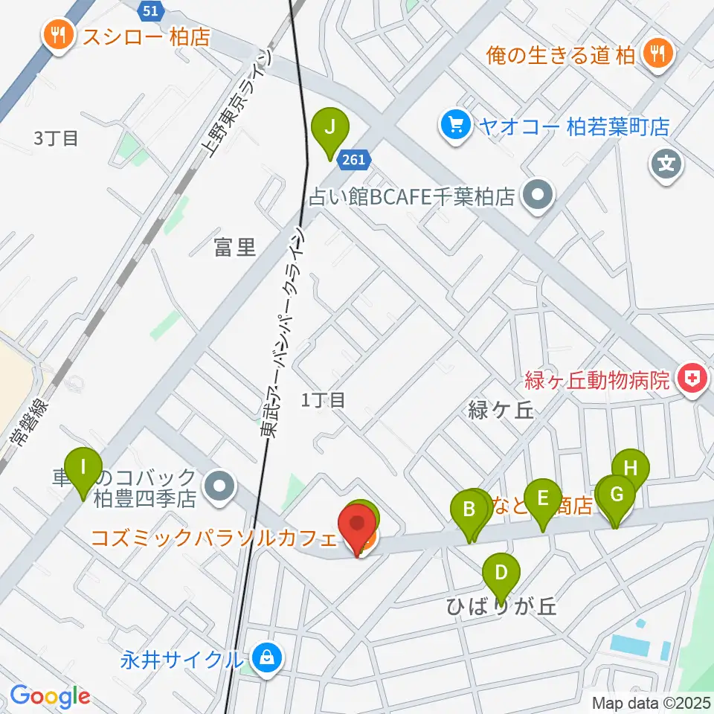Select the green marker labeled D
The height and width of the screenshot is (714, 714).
pyautogui.click(x=501, y=574)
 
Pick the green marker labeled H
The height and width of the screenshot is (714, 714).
pyautogui.click(x=631, y=469)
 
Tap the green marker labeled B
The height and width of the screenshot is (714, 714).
pyautogui.click(x=469, y=511)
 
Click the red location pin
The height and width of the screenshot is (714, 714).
pyautogui.click(x=358, y=526)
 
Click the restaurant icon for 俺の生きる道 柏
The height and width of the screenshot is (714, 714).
pyautogui.click(x=657, y=52)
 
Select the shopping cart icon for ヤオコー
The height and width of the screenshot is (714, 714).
pyautogui.click(x=453, y=125)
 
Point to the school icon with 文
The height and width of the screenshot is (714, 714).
pyautogui.click(x=666, y=162)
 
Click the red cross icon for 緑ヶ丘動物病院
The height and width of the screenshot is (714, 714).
pyautogui.click(x=691, y=379)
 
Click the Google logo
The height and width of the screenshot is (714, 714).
pyautogui.click(x=50, y=697)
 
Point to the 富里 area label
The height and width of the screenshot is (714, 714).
pyautogui.click(x=235, y=248)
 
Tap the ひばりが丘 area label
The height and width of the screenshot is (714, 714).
pyautogui.click(x=501, y=607)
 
